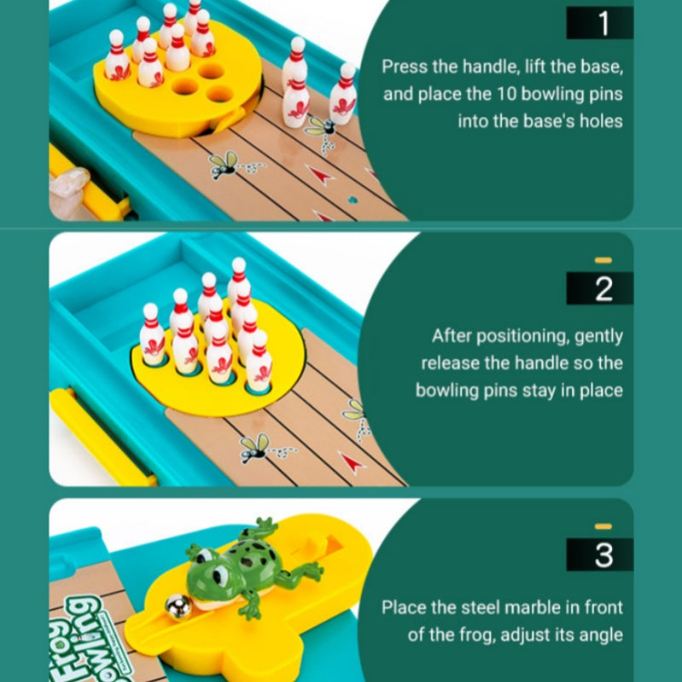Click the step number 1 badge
[599, 23]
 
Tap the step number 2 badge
[599, 288]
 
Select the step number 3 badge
[599, 554]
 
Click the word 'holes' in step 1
[601, 121]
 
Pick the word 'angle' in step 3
[601, 635]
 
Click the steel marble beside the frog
[178, 607]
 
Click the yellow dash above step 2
[604, 260]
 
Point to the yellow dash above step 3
[604, 526]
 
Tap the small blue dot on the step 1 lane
[352, 200]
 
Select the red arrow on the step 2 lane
[352, 462]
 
